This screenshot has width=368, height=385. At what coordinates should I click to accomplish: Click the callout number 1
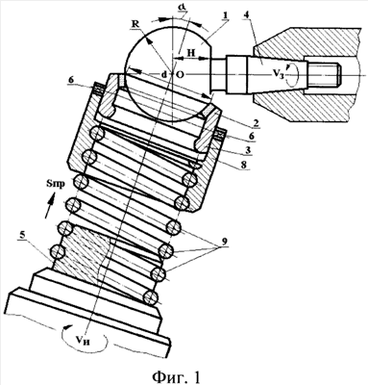[x=226, y=15]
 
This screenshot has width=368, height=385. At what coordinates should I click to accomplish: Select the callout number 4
[x=245, y=15]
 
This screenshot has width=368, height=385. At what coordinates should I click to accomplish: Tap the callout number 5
[x=22, y=235]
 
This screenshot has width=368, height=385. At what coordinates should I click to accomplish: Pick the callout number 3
[x=247, y=150]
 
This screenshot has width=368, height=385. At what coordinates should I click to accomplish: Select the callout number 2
[x=256, y=122]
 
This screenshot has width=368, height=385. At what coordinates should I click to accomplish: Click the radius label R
[x=135, y=24]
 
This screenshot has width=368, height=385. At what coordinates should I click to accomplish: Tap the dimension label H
[x=191, y=53]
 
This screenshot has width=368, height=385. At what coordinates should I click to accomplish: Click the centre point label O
[x=180, y=74]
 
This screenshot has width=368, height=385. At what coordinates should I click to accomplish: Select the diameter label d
[x=163, y=74]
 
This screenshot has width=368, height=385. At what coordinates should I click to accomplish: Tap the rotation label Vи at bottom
[x=85, y=342]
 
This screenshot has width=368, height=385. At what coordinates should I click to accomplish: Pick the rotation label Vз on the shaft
[x=278, y=74]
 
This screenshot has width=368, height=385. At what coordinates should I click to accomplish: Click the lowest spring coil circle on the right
[x=151, y=297]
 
